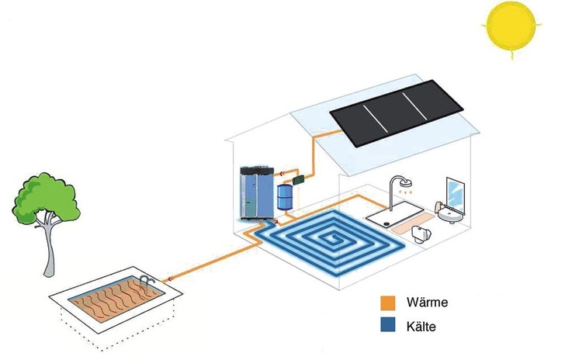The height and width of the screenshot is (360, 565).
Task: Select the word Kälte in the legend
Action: pos(420,327)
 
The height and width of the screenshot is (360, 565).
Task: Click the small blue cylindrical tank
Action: pos(286,194)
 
